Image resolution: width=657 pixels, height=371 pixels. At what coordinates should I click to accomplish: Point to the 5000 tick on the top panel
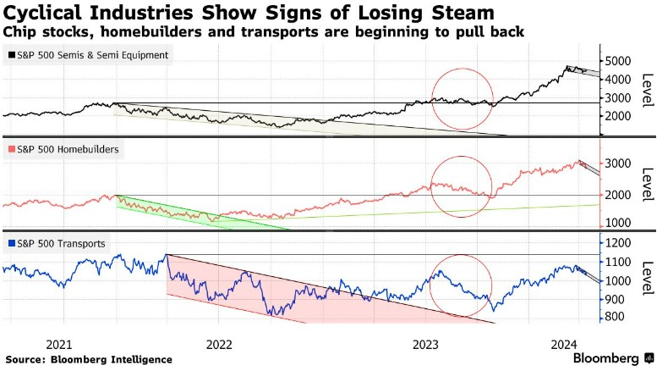coord(621,61)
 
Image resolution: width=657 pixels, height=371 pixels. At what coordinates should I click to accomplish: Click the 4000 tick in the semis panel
coord(621,80)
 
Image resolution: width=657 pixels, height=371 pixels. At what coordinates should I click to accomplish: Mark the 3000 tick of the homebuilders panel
coord(621,163)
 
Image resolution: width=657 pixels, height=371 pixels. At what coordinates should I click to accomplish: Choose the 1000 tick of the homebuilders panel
coord(621,222)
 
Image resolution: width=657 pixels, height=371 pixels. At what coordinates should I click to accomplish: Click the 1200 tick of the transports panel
coord(621,243)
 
